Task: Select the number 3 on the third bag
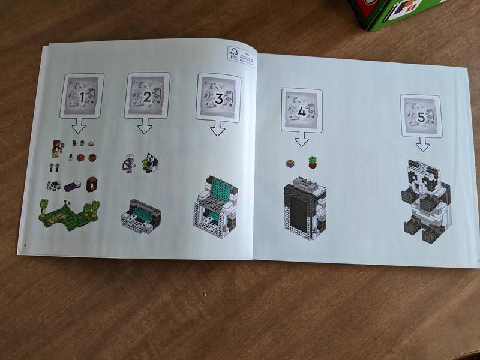tap(219, 99)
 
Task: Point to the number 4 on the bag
tap(302, 112)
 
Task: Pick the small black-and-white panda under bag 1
tap(53, 185)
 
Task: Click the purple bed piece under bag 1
tap(73, 187)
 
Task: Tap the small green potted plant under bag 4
tap(312, 161)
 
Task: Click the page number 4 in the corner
tap(25, 245)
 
